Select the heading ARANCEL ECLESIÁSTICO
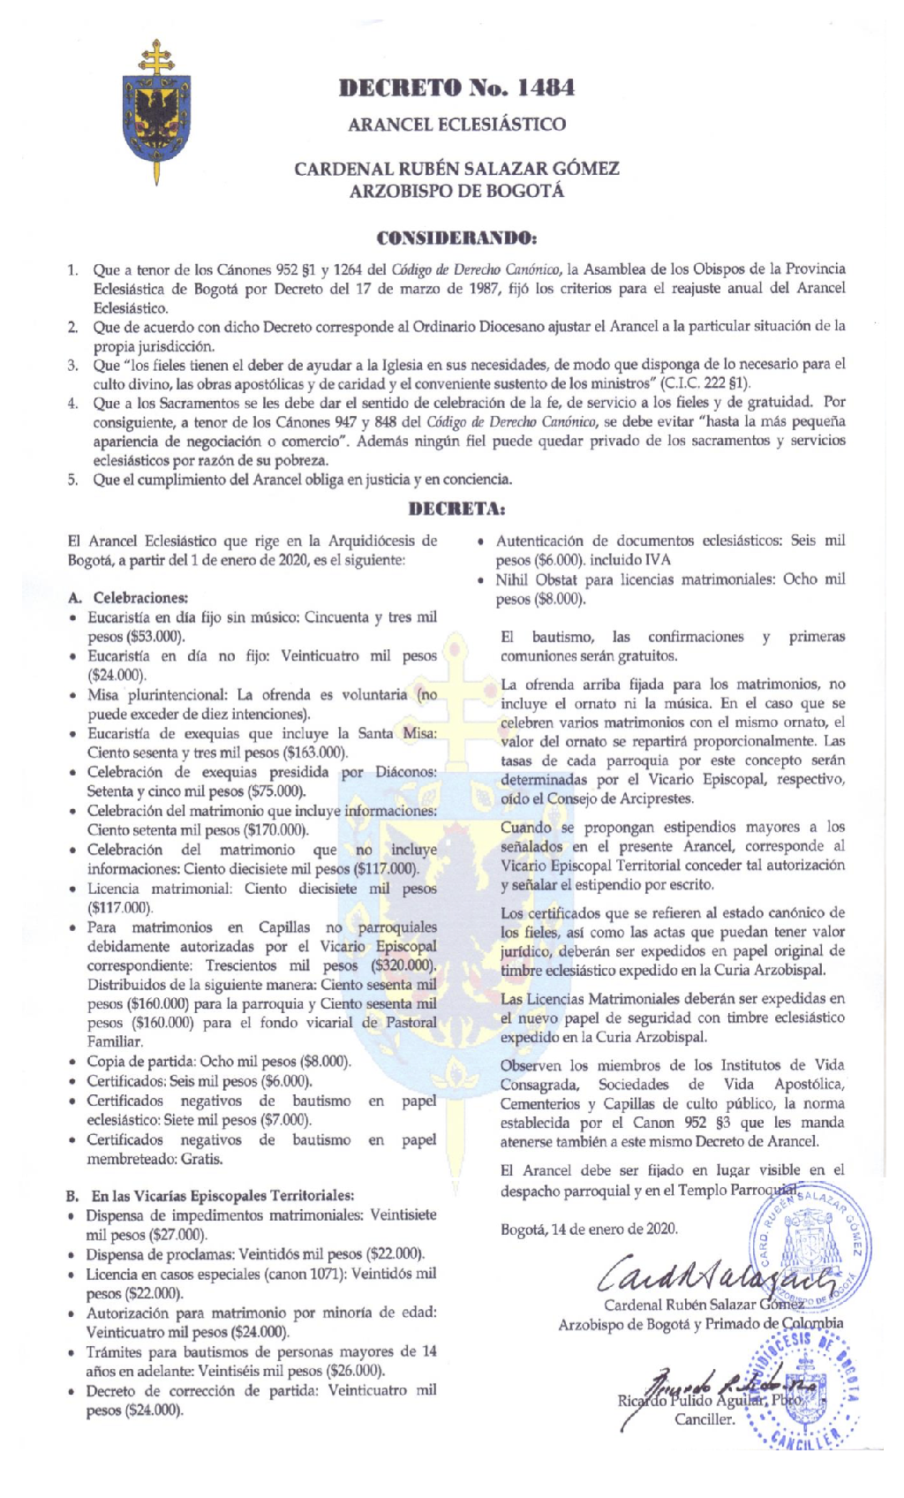[x=456, y=125]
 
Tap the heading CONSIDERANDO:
[x=456, y=238]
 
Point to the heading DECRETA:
[x=456, y=509]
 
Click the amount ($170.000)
[x=275, y=830]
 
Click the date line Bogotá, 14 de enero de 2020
[x=589, y=1229]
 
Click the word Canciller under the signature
[x=704, y=1419]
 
